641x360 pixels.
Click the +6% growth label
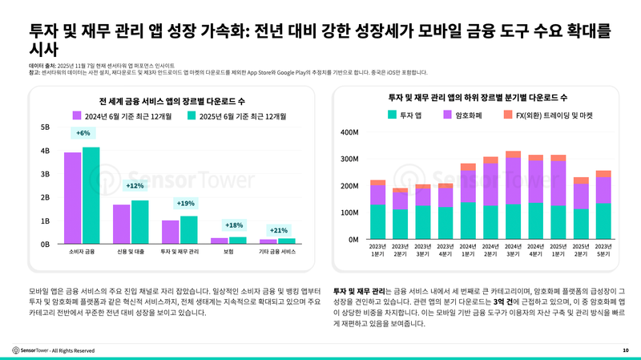(83, 133)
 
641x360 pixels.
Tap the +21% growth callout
(279, 230)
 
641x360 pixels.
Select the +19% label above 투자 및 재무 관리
(185, 204)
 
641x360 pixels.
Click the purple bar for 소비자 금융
(72, 198)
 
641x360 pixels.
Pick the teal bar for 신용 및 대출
(140, 222)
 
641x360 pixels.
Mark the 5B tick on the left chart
(45, 127)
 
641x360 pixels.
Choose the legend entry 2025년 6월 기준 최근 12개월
(236, 115)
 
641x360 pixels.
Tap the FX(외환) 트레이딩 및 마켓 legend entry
(548, 115)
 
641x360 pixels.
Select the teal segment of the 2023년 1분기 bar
(377, 222)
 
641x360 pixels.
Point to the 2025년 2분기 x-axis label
(581, 250)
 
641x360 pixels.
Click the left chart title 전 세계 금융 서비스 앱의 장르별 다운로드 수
(171, 101)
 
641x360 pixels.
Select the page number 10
(625, 350)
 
